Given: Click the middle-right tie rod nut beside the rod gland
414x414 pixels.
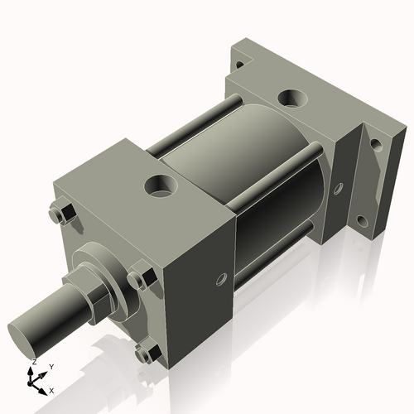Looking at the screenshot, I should [x=141, y=279].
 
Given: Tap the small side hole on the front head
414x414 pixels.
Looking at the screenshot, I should [x=220, y=280].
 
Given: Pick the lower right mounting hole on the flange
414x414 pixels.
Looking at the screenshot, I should [x=362, y=221].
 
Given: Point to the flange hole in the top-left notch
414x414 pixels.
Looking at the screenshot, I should [x=238, y=62].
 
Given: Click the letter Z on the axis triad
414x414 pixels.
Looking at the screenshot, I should [x=33, y=363].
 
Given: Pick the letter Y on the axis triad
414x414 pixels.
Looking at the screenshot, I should [x=51, y=366].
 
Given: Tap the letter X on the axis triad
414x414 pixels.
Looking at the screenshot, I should [x=51, y=389].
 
